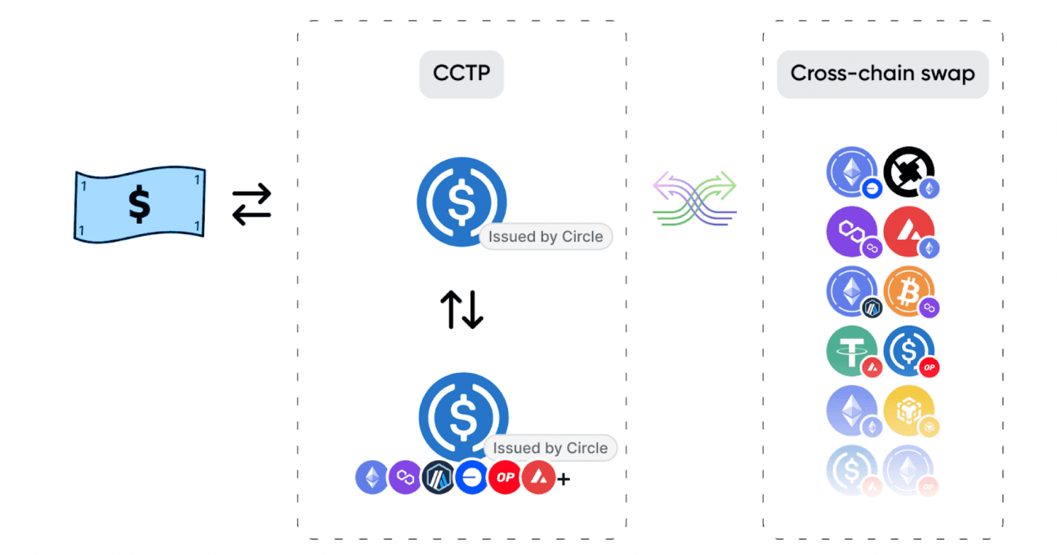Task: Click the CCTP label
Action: [462, 73]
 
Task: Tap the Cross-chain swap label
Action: [882, 73]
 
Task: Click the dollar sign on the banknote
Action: [139, 204]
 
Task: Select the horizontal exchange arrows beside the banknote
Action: [252, 204]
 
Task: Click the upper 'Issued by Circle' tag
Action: [546, 237]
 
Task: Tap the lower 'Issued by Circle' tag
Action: [550, 448]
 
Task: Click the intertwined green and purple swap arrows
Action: [695, 198]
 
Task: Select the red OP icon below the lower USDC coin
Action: [505, 477]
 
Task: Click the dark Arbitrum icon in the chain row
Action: [439, 477]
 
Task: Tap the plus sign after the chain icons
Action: [564, 479]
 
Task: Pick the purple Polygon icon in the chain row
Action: [405, 477]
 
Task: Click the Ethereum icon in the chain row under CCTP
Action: [372, 477]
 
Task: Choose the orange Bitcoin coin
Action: [908, 291]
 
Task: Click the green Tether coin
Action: [851, 350]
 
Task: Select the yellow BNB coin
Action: [908, 409]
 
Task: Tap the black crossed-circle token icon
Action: [908, 171]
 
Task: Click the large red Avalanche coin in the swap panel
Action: [908, 232]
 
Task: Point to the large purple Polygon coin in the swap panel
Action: [851, 232]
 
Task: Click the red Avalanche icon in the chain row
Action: [538, 477]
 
